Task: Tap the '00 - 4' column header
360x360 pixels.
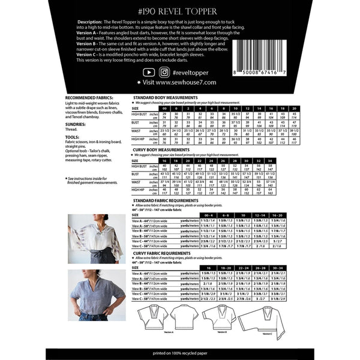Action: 209,214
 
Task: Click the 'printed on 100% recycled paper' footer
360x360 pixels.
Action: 180,352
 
